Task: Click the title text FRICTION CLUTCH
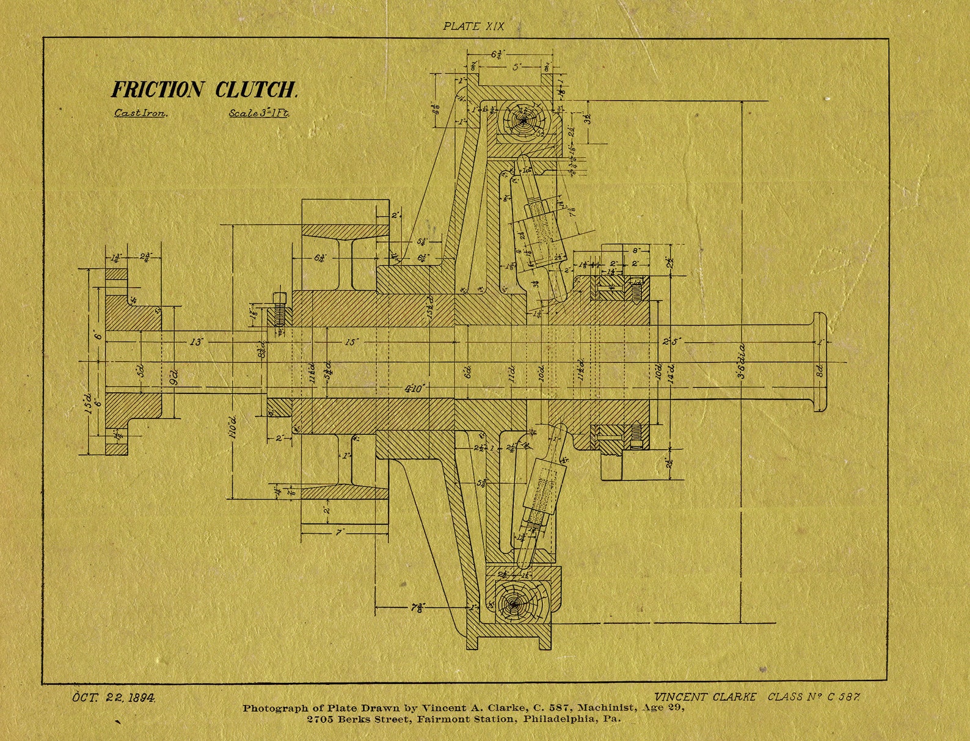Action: tap(204, 90)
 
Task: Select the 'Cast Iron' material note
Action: tap(140, 113)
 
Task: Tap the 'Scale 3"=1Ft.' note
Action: tap(258, 113)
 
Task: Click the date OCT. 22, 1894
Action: tap(114, 697)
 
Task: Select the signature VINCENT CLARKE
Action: tap(705, 696)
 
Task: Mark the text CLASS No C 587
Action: tap(814, 696)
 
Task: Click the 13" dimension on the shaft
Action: tap(195, 342)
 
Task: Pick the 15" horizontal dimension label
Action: tap(351, 342)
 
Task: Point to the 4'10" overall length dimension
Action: tap(415, 389)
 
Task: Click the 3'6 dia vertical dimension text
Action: tap(742, 360)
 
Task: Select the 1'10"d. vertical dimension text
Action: tap(232, 428)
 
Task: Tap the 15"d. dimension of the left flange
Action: tap(89, 403)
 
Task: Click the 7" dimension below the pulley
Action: tap(340, 533)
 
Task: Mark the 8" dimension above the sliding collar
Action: tap(635, 250)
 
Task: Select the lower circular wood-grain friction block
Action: tap(514, 604)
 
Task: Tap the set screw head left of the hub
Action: tap(279, 299)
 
